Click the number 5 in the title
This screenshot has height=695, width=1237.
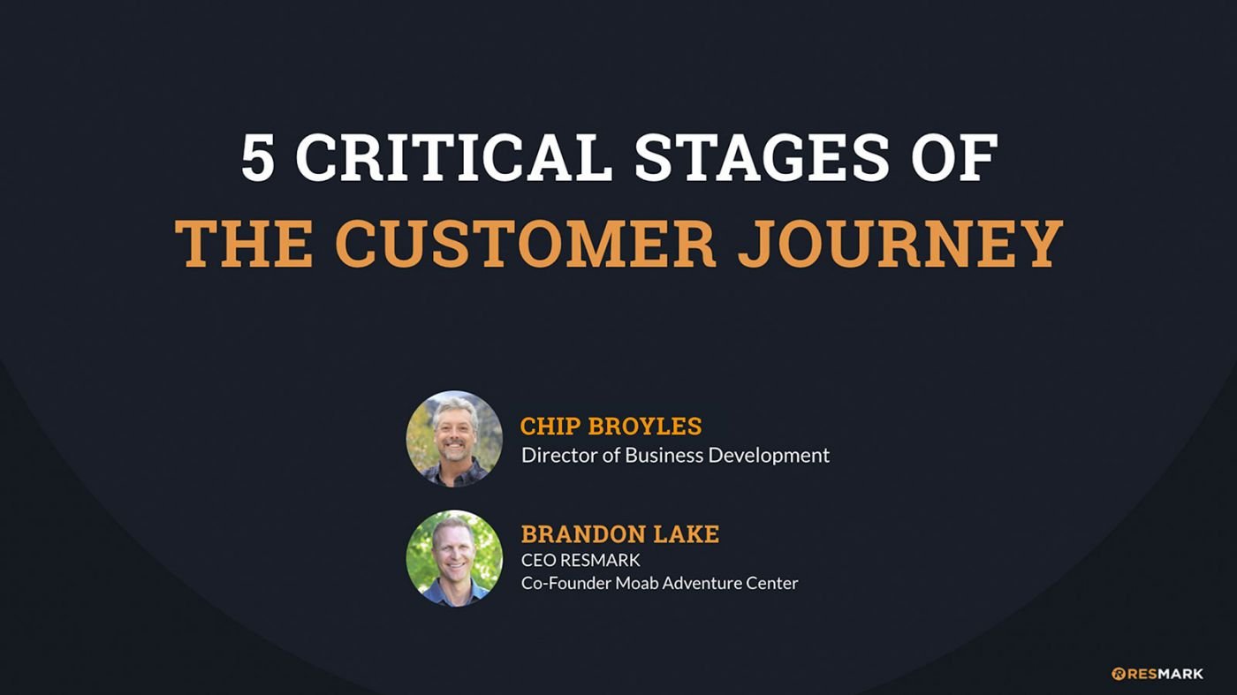(x=258, y=158)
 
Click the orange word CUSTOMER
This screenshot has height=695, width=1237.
(x=526, y=244)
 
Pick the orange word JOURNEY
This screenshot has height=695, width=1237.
(x=900, y=244)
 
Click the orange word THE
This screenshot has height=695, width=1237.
(x=244, y=244)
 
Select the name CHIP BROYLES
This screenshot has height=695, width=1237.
(x=611, y=427)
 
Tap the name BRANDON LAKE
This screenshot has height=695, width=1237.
(x=620, y=533)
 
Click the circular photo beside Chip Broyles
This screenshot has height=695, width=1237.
(x=454, y=439)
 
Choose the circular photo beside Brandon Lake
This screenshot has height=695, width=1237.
(x=454, y=558)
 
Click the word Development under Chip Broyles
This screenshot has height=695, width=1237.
(x=769, y=457)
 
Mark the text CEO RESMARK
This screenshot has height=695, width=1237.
(x=581, y=560)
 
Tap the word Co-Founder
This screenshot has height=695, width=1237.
(x=565, y=583)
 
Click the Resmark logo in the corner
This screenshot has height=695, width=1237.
(x=1157, y=674)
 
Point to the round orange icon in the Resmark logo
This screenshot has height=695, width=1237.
(x=1119, y=674)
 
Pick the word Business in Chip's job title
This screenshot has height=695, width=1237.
(x=664, y=456)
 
